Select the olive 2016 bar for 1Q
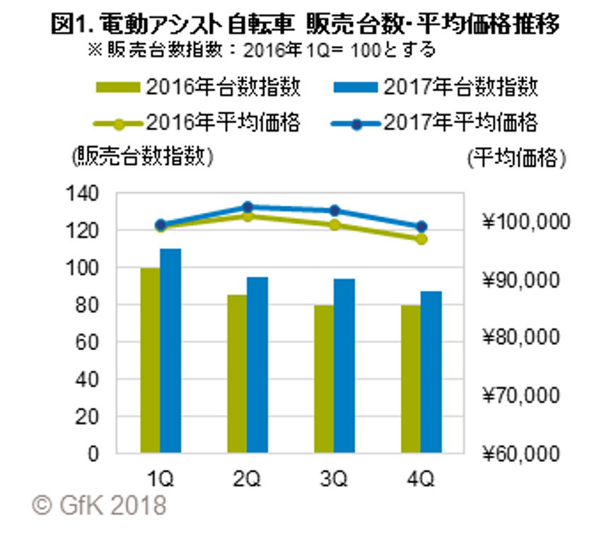(150, 360)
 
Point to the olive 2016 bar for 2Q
(237, 373)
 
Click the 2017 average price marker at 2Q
(247, 207)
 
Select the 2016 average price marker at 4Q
(421, 239)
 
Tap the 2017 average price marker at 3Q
(334, 211)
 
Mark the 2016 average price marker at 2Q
(247, 216)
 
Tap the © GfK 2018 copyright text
(99, 506)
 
